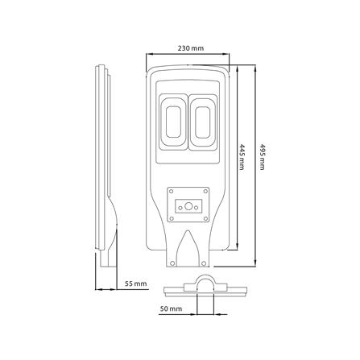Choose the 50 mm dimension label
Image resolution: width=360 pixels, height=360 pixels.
coord(172,308)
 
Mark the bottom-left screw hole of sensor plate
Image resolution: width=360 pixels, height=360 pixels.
coord(170,219)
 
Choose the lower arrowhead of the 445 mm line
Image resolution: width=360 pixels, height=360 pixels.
coord(234,249)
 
